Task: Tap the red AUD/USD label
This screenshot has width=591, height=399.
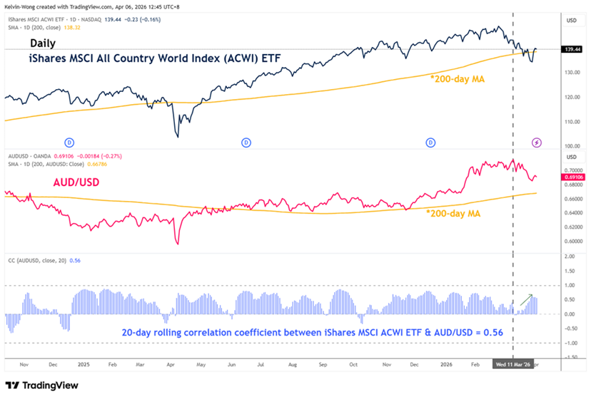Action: point(76,183)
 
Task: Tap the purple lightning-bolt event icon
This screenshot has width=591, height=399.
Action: point(537,142)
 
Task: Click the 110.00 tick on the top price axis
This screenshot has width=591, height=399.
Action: point(570,122)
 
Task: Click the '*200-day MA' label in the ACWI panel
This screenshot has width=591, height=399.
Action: point(459,78)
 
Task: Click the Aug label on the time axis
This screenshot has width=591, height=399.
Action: point(292,363)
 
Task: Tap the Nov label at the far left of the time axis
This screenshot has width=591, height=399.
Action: point(24,363)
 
